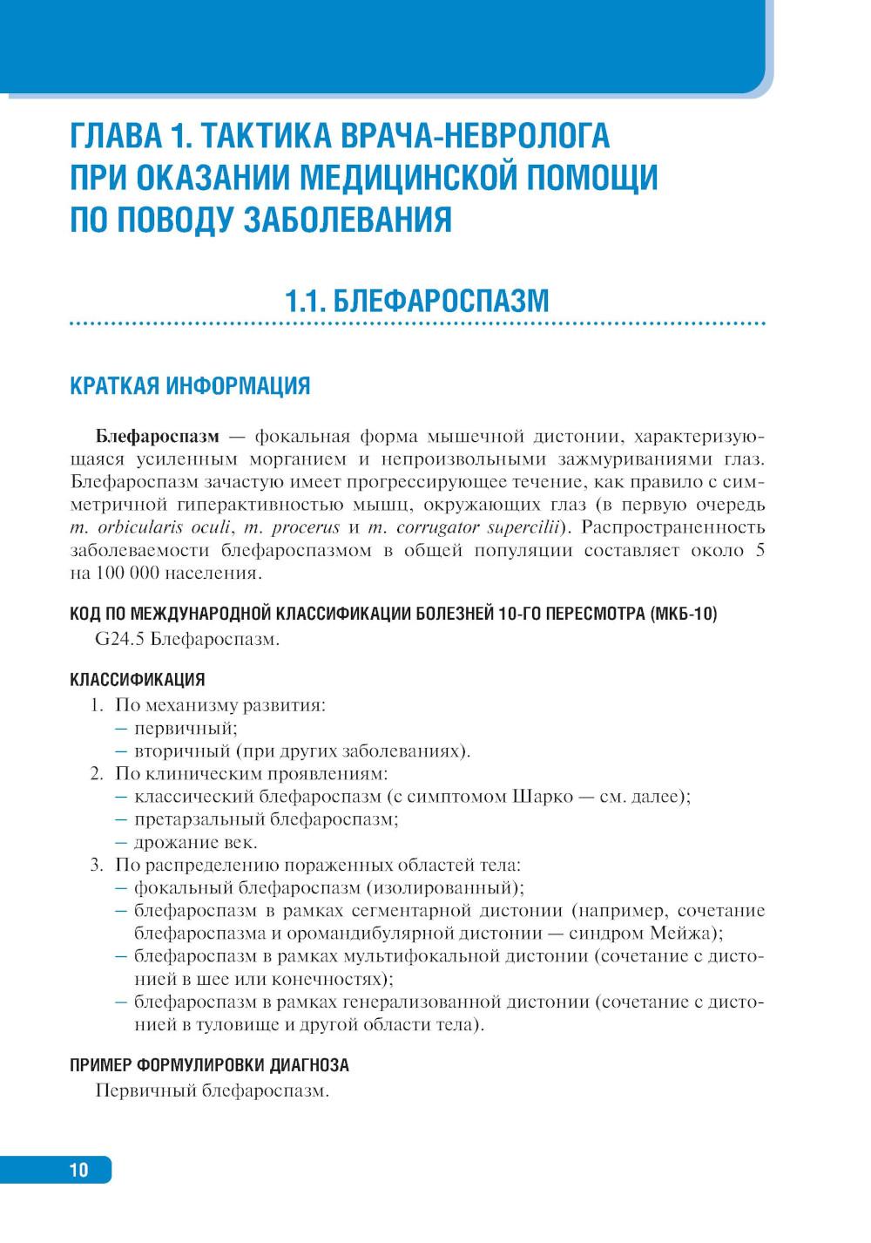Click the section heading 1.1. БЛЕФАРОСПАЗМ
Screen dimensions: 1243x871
417,301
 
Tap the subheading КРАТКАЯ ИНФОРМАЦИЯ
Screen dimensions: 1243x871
190,386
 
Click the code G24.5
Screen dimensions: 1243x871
120,641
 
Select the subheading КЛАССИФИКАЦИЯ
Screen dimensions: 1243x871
137,680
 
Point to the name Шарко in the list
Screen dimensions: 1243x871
534,796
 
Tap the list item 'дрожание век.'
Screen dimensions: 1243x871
196,842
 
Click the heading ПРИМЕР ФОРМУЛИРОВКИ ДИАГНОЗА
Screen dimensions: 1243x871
209,1065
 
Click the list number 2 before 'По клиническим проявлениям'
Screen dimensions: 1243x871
96,773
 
